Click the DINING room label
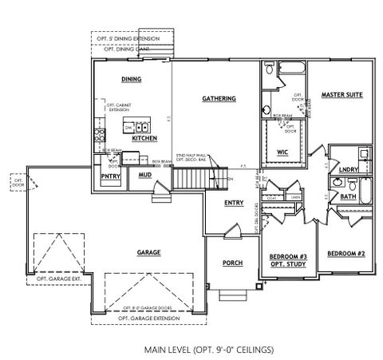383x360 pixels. tap(131, 80)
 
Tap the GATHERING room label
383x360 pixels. tap(218, 99)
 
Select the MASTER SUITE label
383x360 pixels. tap(342, 95)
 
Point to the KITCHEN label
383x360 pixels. tap(144, 138)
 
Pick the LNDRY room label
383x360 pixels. tap(347, 169)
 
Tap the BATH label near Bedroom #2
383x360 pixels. tap(347, 196)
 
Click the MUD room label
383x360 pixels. tap(144, 174)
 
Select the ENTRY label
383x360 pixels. tap(233, 203)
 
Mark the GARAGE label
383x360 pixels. tap(148, 252)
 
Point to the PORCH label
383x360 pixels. tap(232, 263)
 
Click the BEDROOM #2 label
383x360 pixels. tap(345, 253)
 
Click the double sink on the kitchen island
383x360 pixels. tap(140, 127)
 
